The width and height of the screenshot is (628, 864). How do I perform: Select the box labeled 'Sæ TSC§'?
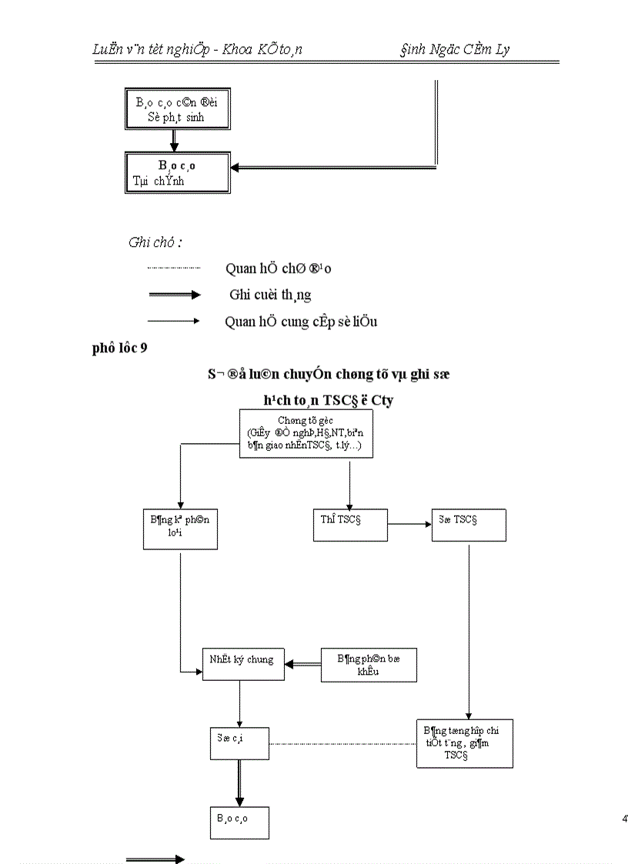(x=469, y=525)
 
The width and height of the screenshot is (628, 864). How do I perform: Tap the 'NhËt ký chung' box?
(x=242, y=662)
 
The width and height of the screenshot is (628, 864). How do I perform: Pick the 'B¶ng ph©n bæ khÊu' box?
(x=369, y=664)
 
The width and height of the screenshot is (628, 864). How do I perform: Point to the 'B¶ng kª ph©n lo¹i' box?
(x=180, y=529)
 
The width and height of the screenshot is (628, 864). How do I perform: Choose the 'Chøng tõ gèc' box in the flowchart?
(x=306, y=434)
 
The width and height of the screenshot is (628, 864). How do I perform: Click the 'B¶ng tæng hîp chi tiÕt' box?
(x=464, y=743)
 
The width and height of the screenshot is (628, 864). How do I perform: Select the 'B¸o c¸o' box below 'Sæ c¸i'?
(x=239, y=822)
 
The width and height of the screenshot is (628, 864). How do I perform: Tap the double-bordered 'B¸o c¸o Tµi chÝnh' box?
(x=178, y=172)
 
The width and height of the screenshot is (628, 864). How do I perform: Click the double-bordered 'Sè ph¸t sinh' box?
(x=178, y=109)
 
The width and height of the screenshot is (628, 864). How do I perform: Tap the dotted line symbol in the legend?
(x=173, y=268)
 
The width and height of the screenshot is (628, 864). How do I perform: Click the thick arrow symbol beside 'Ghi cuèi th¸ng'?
(x=173, y=295)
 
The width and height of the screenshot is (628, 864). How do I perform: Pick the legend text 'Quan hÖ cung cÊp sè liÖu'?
(x=301, y=322)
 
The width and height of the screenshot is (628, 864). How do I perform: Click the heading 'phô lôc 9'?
(x=120, y=348)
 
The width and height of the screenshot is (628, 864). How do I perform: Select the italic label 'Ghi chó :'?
(x=155, y=242)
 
